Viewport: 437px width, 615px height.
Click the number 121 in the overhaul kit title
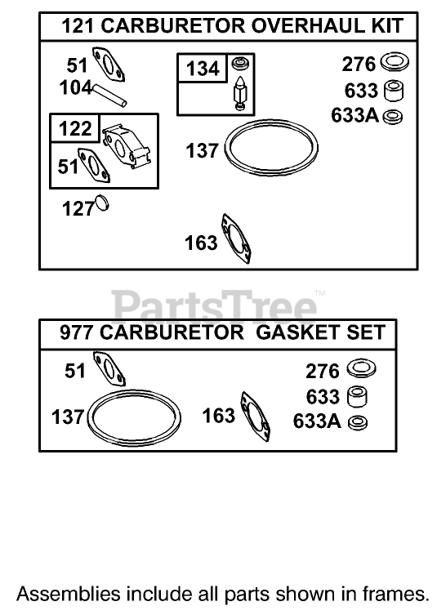78,26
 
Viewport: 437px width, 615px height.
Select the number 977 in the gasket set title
76,332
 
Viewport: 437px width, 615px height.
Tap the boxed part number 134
203,69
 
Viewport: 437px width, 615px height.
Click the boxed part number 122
75,128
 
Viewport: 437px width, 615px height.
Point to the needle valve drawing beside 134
239,92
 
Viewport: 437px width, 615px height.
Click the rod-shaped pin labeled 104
109,96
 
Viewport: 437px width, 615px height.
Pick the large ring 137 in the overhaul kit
271,122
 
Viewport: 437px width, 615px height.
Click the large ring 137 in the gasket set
134,392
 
